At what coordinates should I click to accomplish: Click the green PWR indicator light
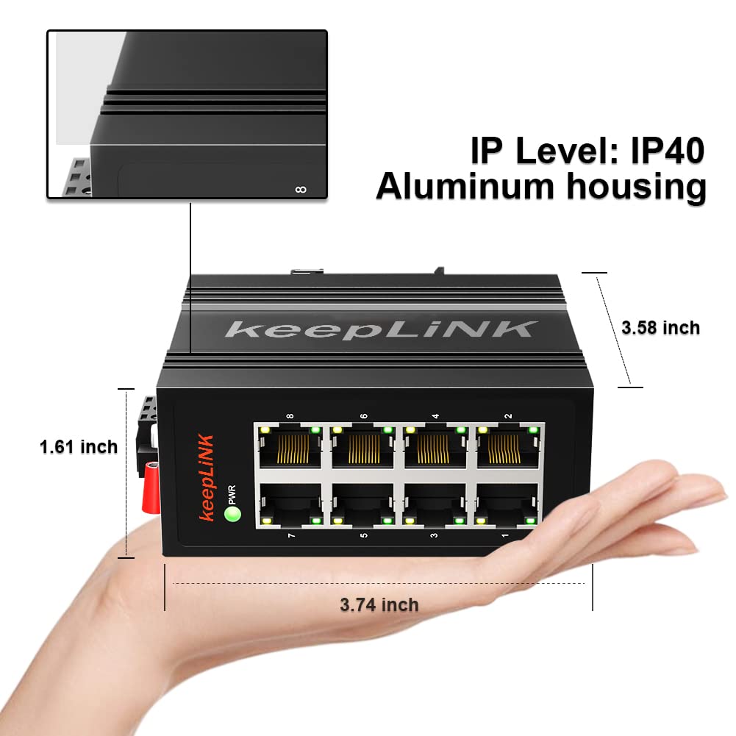233,514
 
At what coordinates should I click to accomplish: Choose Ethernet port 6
362,447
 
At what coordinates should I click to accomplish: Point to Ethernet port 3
435,505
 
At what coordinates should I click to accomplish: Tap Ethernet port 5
362,505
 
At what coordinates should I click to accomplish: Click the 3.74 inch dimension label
379,604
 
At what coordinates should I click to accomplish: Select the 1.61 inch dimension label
78,446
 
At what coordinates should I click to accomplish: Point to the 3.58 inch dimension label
660,327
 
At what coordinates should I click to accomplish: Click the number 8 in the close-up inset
299,190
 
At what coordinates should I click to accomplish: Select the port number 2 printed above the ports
508,416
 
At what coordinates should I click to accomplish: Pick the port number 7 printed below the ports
291,535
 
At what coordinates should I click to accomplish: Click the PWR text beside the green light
232,490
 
